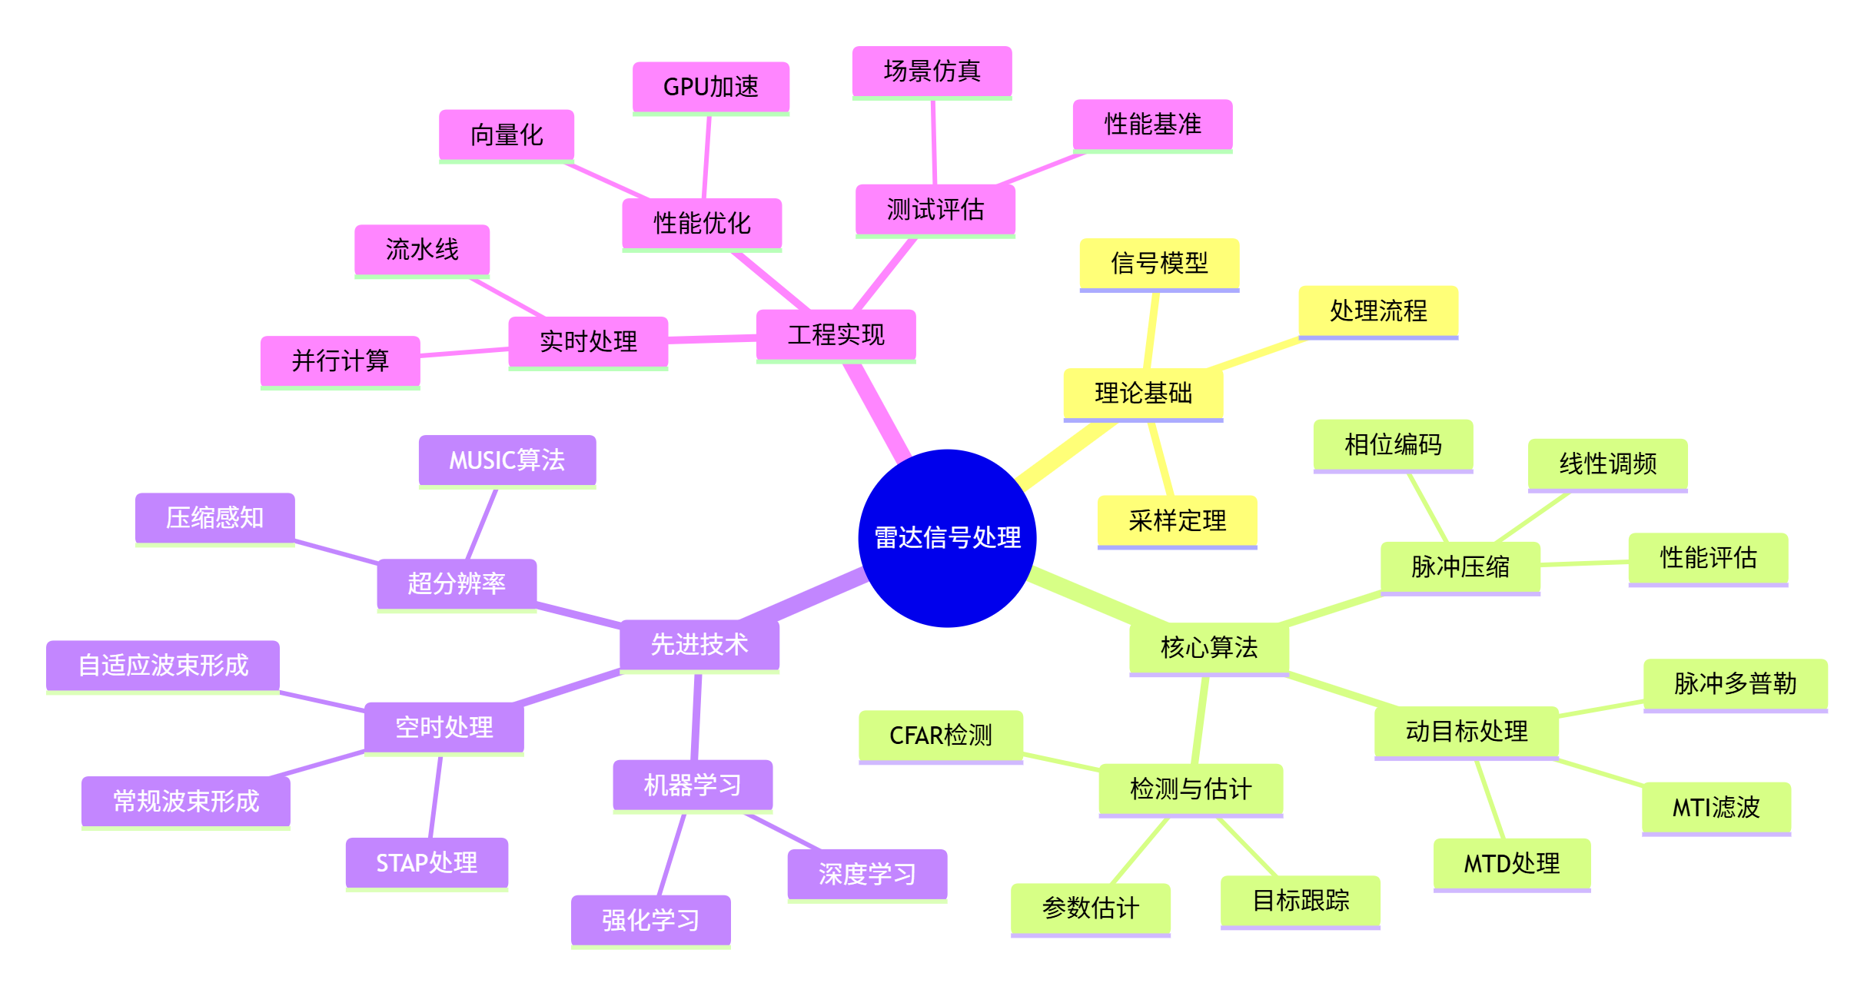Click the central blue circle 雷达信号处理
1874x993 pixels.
[x=946, y=538]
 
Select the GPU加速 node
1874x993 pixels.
[x=710, y=87]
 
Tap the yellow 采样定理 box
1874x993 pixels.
[x=1176, y=520]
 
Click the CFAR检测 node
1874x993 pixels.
[x=940, y=736]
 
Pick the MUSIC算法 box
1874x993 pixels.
[x=507, y=460]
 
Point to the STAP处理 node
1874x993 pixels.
[x=427, y=862]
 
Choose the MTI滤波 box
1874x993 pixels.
[x=1716, y=807]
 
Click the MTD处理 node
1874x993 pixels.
[x=1511, y=863]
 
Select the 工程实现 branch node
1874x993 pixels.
[x=836, y=334]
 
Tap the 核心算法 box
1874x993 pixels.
[x=1208, y=647]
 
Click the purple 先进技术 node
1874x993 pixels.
[x=699, y=644]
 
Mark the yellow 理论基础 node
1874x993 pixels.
[x=1142, y=394]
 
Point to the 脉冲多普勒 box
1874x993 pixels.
[x=1735, y=683]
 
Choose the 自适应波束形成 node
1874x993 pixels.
[x=163, y=665]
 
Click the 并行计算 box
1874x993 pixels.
[x=340, y=360]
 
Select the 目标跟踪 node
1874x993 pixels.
[x=1300, y=900]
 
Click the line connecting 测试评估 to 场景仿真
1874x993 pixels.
[x=934, y=142]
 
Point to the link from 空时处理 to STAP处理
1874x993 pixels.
[x=435, y=797]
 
